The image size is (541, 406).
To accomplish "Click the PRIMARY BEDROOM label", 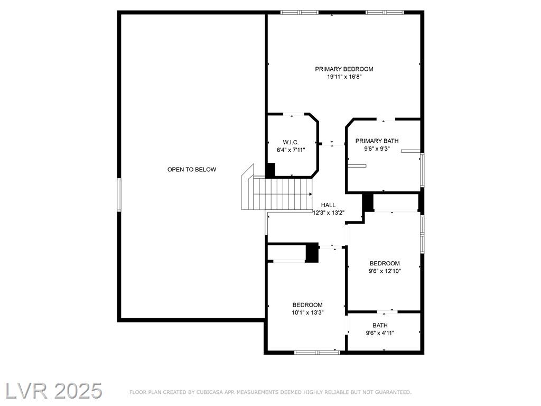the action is point(344,69).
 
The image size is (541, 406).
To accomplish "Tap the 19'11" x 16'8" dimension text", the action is point(344,77).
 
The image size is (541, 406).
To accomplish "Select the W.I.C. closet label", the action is point(291,142).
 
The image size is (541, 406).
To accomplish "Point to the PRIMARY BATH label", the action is point(377,141).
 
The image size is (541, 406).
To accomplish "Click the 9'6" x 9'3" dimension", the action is point(377,149).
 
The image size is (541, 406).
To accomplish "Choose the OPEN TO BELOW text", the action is point(192,170).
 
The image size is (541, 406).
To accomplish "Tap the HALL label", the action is point(328,205).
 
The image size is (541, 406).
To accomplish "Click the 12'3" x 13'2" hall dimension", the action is point(329,213).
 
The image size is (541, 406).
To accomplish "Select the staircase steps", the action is point(283,193).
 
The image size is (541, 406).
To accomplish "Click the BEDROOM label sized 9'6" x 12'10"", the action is point(385,263).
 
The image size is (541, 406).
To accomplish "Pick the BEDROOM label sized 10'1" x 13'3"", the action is point(307,305).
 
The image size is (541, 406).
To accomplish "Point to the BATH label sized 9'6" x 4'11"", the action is point(380,325).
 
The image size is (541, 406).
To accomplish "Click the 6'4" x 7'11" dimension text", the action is point(291,150).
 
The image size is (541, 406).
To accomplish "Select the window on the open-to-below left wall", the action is point(119,195).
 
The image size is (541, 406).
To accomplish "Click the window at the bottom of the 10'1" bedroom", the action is point(317,353).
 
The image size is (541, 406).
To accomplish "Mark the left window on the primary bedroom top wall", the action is point(300,13).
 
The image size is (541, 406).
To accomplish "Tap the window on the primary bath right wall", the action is point(422,170).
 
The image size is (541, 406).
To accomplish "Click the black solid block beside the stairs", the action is point(270,171).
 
